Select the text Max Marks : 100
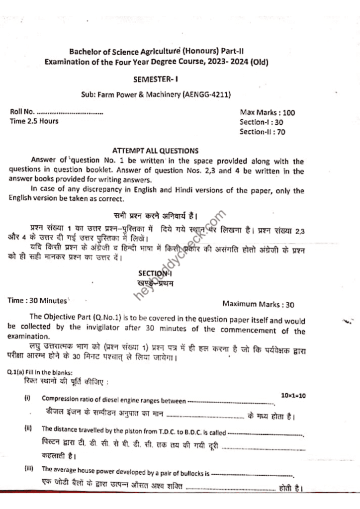[267, 112]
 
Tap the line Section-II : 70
[262, 132]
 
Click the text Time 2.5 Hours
[34, 121]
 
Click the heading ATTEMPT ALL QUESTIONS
[155, 151]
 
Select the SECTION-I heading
[155, 273]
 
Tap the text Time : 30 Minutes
[37, 301]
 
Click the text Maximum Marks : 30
[258, 304]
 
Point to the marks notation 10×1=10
[293, 396]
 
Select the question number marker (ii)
[28, 428]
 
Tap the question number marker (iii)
[28, 469]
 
